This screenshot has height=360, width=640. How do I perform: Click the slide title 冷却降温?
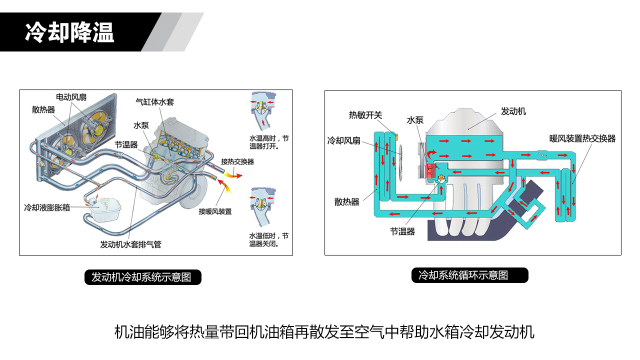[x=69, y=32]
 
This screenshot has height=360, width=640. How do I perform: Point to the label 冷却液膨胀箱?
[x=47, y=207]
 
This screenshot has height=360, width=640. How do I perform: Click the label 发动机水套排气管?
[x=130, y=244]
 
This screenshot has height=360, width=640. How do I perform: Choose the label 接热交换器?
[x=237, y=161]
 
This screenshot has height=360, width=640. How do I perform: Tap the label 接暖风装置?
[x=215, y=211]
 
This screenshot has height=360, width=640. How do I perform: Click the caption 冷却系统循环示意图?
[x=469, y=275]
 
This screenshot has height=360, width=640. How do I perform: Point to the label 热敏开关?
[x=365, y=115]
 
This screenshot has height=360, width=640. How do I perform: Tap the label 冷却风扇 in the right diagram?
[x=343, y=141]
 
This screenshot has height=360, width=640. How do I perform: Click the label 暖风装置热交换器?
[x=582, y=138]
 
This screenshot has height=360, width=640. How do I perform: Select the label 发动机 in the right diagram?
[x=513, y=111]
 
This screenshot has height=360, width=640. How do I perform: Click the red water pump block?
[x=430, y=171]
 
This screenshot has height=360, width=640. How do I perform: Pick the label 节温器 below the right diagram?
[x=403, y=231]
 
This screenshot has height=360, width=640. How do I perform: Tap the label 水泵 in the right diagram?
[x=415, y=120]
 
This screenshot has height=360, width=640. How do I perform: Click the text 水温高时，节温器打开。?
[x=269, y=142]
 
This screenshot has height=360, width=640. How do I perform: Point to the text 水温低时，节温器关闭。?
[x=269, y=239]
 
